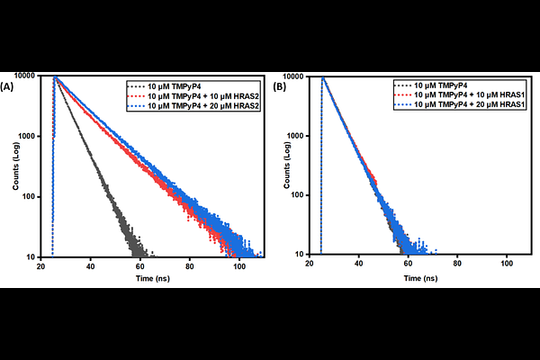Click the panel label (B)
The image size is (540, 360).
click(x=279, y=87)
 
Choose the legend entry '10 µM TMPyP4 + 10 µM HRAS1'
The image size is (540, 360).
click(x=464, y=94)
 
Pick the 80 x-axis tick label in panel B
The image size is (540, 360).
click(x=457, y=266)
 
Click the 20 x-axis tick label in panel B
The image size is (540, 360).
click(x=310, y=266)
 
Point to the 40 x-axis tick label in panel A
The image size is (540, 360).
click(x=91, y=266)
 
